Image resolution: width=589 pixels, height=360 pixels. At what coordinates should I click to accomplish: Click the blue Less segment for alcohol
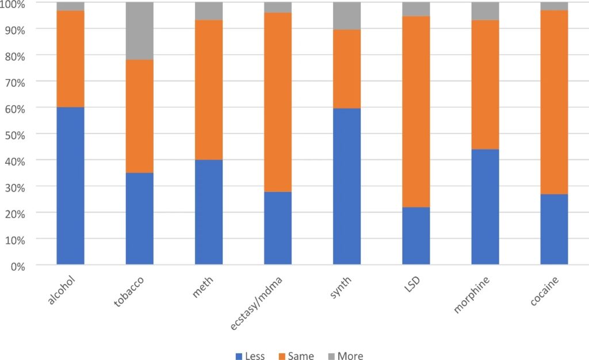tap(70, 186)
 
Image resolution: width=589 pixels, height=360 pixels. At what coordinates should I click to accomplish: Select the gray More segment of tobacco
tap(139, 31)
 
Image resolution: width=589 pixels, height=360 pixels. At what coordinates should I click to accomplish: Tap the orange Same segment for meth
tap(209, 90)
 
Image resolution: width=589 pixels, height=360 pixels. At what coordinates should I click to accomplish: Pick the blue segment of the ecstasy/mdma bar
tap(278, 228)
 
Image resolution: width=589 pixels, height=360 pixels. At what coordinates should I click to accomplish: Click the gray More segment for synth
tap(347, 16)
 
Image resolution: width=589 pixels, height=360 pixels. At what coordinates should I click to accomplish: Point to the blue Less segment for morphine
tap(485, 207)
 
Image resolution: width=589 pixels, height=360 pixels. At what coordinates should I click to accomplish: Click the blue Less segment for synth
tap(347, 186)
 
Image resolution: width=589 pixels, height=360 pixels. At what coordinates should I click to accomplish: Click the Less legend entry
tap(250, 356)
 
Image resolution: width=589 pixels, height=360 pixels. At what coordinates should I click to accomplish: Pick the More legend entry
tap(345, 356)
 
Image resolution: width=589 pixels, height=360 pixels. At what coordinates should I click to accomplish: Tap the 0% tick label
tap(18, 266)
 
